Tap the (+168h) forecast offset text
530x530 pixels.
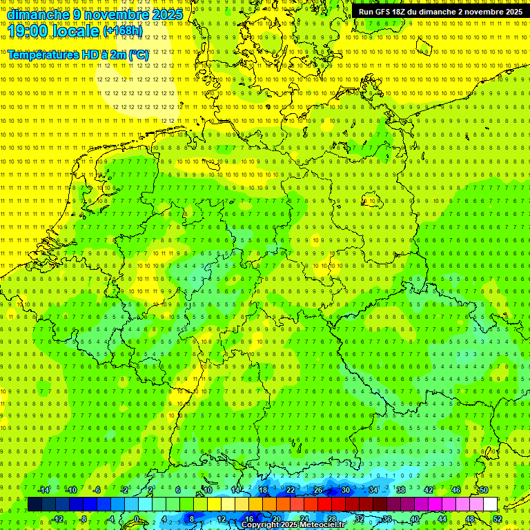(123, 31)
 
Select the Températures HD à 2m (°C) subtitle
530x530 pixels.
(78, 55)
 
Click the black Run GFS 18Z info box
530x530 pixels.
(440, 12)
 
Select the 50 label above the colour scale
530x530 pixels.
(484, 490)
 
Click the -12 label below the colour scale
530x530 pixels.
(57, 519)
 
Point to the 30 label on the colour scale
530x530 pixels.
(346, 490)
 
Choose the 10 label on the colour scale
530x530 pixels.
(208, 490)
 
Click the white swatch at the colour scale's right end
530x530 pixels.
(491, 504)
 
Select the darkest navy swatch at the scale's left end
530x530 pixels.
(35, 504)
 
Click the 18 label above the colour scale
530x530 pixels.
(263, 490)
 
